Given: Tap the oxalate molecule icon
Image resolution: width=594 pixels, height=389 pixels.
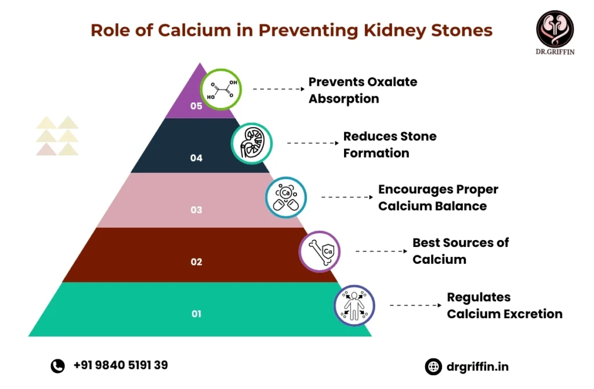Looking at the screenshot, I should click(221, 90).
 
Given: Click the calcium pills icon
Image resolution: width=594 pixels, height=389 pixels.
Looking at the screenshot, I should click(286, 197).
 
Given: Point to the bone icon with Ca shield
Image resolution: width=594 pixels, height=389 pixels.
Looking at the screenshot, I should click(320, 251).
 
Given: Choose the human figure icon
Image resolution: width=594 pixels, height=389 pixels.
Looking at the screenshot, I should click(354, 305).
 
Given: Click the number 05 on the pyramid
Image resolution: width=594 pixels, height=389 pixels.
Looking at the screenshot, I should click(196, 106).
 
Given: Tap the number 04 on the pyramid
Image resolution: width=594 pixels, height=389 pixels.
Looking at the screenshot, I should click(196, 158).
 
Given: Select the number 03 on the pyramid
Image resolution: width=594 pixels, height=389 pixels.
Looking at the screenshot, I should click(196, 210).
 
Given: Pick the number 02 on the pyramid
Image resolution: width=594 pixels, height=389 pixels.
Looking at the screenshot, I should click(196, 262).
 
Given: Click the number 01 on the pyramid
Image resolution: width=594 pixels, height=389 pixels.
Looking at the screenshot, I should click(196, 314).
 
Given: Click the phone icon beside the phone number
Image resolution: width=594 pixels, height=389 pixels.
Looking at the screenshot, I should click(57, 365).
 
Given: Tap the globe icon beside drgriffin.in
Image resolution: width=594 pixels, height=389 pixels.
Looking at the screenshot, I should click(433, 366).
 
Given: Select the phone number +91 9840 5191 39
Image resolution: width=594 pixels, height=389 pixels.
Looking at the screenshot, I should click(121, 365).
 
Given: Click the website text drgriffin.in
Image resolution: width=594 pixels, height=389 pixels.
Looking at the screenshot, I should click(478, 366).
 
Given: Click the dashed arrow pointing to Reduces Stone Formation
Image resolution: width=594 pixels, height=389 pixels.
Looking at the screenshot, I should click(312, 143).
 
